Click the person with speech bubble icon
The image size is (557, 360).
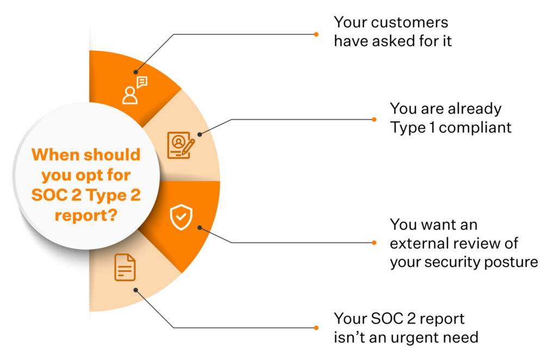pyautogui.click(x=135, y=90)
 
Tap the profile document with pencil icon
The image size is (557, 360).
pyautogui.click(x=181, y=145)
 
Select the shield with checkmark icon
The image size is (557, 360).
pyautogui.click(x=181, y=217)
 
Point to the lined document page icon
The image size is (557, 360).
pyautogui.click(x=125, y=268)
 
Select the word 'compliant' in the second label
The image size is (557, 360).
pyautogui.click(x=475, y=128)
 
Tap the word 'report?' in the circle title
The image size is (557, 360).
pyautogui.click(x=86, y=215)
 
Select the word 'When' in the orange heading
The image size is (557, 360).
pyautogui.click(x=55, y=155)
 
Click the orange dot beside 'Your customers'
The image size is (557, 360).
pyautogui.click(x=316, y=34)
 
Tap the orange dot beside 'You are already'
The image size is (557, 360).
pyautogui.click(x=374, y=120)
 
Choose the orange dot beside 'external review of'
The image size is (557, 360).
pyautogui.click(x=374, y=243)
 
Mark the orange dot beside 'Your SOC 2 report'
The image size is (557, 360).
pyautogui.click(x=316, y=328)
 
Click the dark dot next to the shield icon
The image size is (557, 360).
pyautogui.click(x=200, y=227)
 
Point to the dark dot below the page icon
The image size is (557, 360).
pyautogui.click(x=135, y=290)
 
